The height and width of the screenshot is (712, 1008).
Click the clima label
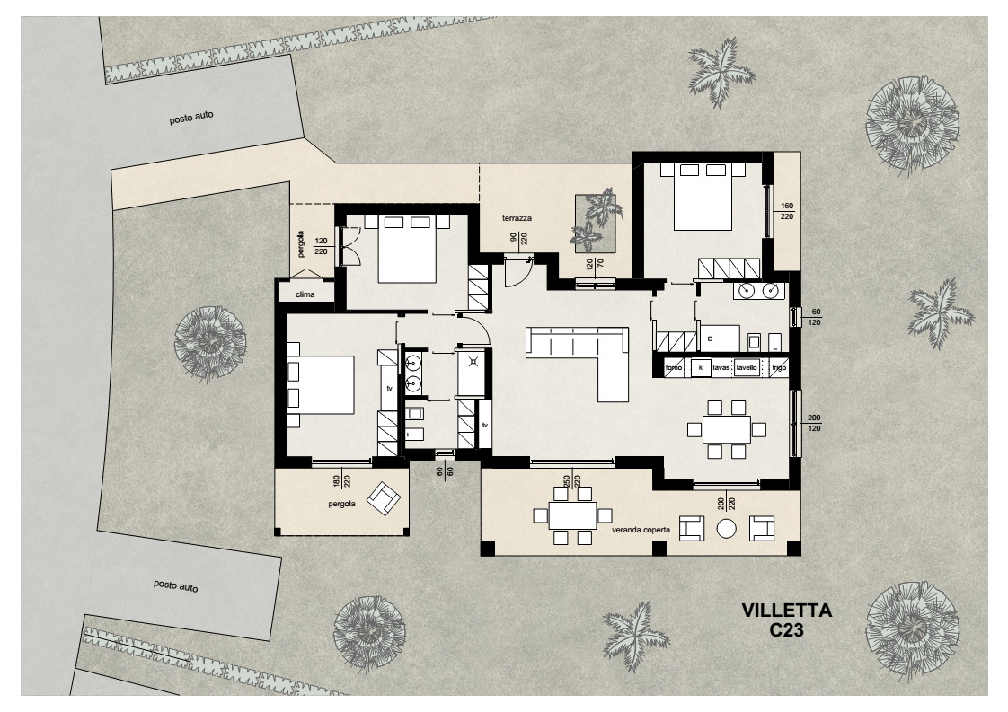pos(305,294)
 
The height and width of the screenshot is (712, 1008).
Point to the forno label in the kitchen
pos(674,368)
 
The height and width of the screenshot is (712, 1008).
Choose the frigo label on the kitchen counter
pos(778,368)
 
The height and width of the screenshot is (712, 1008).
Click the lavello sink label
pos(746,368)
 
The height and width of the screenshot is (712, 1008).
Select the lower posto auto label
pos(175,586)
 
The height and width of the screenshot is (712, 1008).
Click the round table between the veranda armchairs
pos(726,530)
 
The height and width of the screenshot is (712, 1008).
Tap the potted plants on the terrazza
pos(596,223)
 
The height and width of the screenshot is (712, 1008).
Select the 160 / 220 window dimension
pos(788,211)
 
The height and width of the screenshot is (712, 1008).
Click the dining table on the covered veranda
pos(572,515)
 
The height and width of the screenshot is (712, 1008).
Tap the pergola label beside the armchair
pos(342,505)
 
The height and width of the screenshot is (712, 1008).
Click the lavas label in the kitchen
pos(720,368)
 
